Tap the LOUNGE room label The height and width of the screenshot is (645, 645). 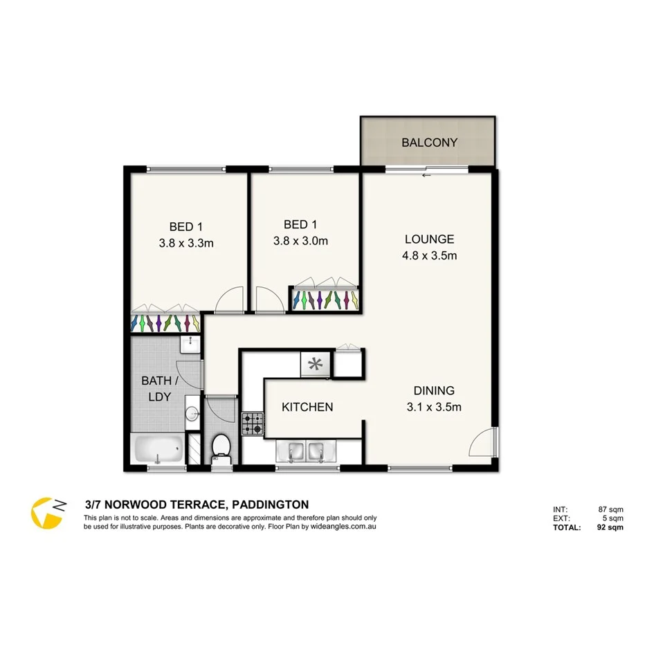[429, 239]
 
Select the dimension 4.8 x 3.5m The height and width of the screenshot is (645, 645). [429, 255]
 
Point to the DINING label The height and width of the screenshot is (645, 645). [434, 390]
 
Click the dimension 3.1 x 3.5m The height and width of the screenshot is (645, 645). [434, 407]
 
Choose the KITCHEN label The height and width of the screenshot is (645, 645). [307, 407]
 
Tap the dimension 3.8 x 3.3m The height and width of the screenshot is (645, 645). [185, 243]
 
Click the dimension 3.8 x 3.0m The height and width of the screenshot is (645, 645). [300, 241]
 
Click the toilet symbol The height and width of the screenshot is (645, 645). [222, 445]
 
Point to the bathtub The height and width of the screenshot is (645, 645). [158, 450]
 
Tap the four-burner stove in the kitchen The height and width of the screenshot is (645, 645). [252, 424]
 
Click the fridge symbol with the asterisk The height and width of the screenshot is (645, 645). [316, 363]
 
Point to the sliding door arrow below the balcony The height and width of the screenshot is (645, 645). [426, 175]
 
